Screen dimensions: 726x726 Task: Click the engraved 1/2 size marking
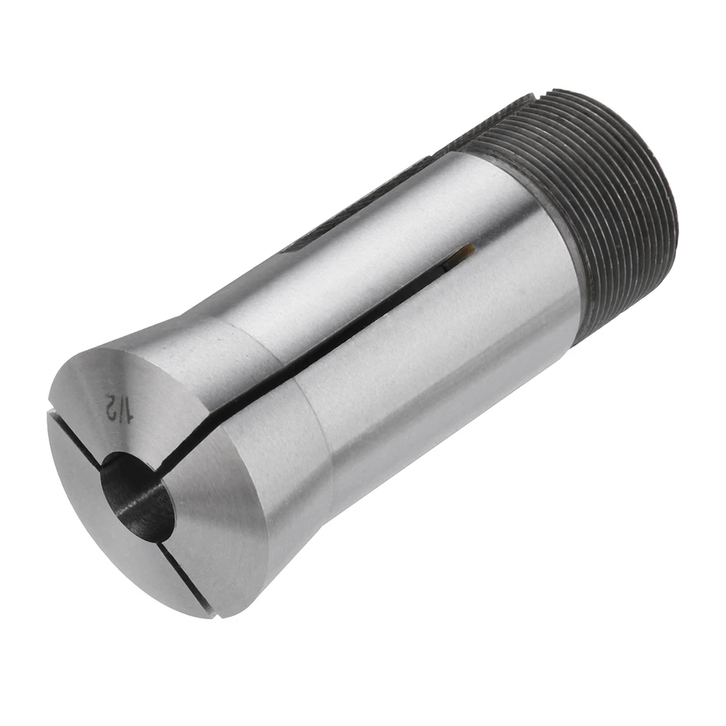[x=119, y=407]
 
